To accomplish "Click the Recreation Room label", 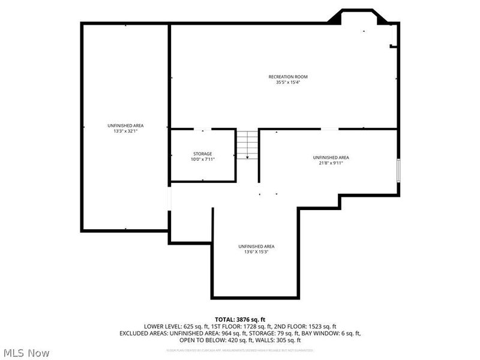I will (x=284, y=77).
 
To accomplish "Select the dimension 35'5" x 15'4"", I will (x=284, y=82).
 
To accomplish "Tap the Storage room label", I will (x=202, y=154).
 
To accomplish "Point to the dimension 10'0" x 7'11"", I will (x=202, y=159).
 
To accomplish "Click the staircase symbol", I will (x=247, y=145).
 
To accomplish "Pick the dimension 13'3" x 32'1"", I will (x=125, y=131).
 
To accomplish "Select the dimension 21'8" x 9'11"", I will (x=331, y=163).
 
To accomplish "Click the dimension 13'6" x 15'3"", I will (x=256, y=252).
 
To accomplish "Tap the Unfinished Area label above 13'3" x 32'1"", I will (x=125, y=125).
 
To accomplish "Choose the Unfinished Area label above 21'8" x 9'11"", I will (x=331, y=157).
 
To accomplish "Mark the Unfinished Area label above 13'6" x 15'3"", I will (x=256, y=247).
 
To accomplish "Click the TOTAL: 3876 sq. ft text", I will (x=239, y=319).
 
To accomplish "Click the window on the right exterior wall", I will (x=398, y=170).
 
